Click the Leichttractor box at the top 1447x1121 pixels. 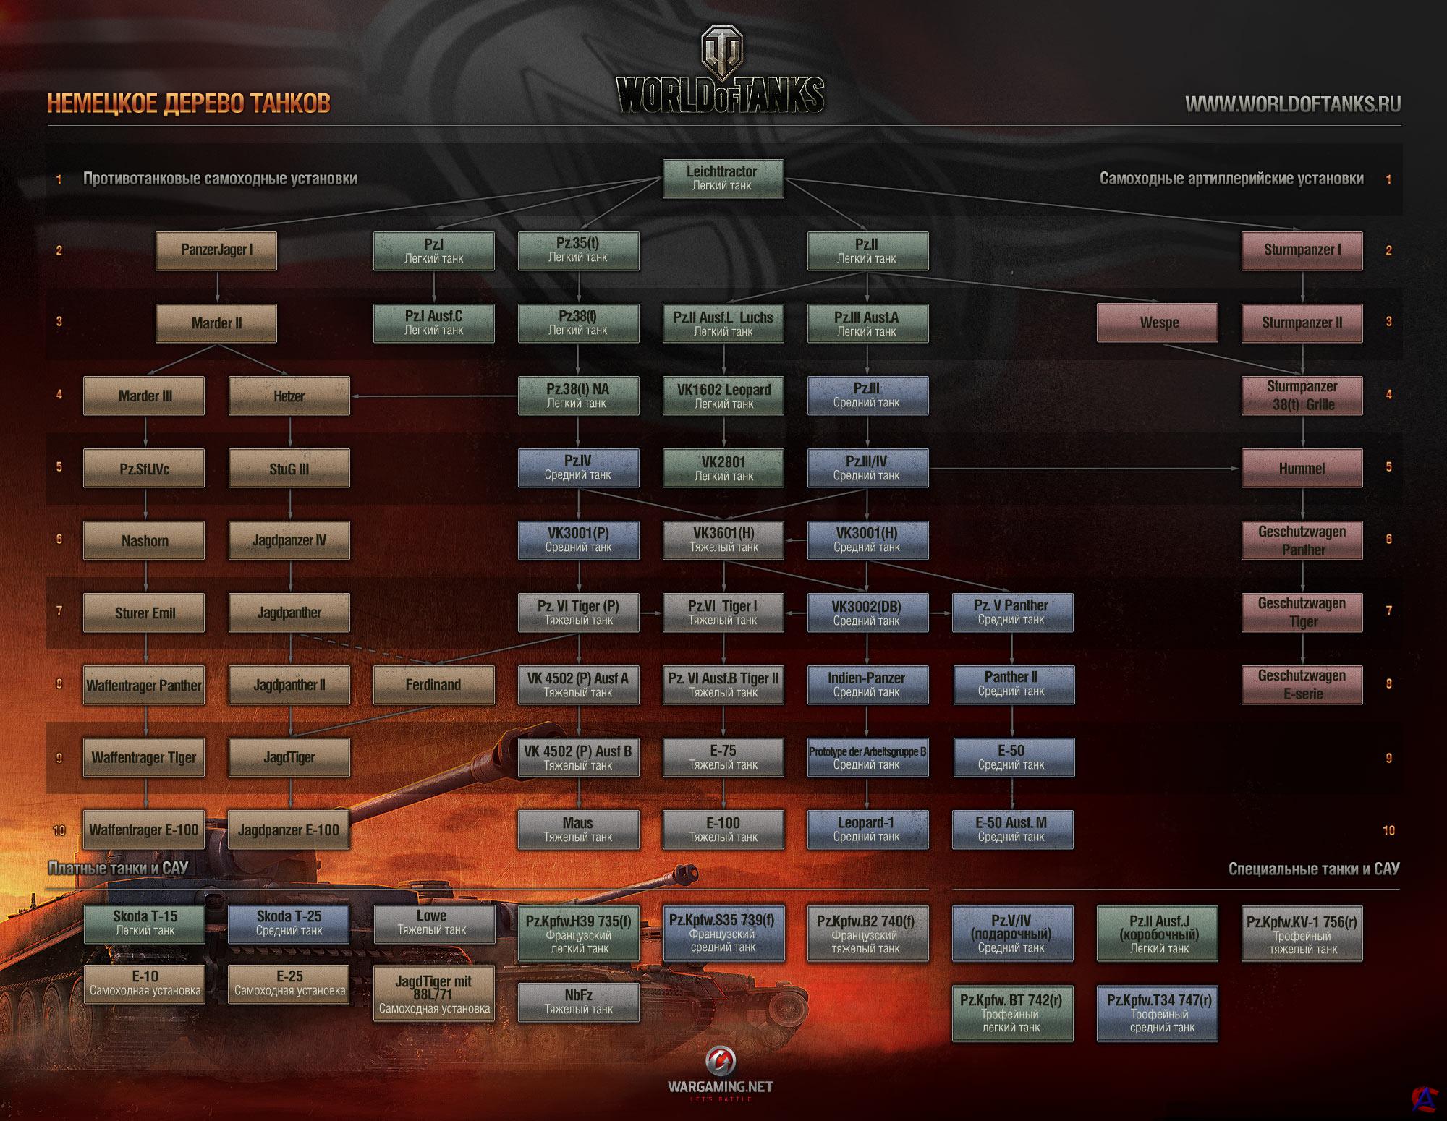[x=723, y=179]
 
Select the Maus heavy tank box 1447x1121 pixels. [x=578, y=830]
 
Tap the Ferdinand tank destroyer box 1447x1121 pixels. [x=433, y=685]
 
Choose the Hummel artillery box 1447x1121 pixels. [x=1302, y=468]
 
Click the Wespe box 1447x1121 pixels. [x=1158, y=323]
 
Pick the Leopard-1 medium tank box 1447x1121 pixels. [x=867, y=830]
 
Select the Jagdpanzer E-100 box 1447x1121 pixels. [x=289, y=830]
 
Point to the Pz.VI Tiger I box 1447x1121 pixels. [x=723, y=613]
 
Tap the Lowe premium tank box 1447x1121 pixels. [x=433, y=923]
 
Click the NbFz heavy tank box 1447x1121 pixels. [x=578, y=1002]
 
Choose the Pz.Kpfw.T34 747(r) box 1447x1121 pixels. [x=1158, y=1013]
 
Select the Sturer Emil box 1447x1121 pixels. [x=144, y=613]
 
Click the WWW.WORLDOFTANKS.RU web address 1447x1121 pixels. [x=1292, y=104]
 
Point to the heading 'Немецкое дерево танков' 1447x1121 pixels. [x=189, y=103]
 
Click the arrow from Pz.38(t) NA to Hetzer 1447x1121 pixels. [x=434, y=396]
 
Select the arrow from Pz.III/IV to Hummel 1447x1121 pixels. [x=1085, y=468]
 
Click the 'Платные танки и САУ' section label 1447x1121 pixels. [x=118, y=868]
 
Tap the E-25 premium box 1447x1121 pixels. [x=289, y=983]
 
